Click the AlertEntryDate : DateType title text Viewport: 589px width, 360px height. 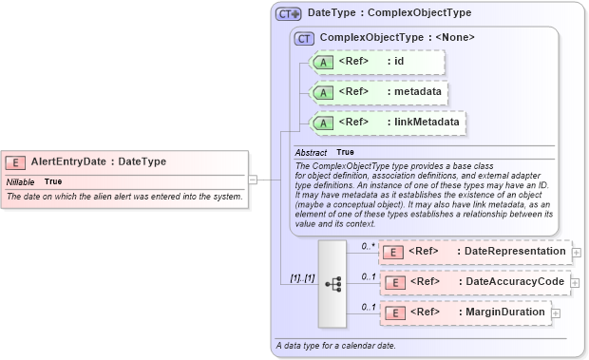[x=99, y=162]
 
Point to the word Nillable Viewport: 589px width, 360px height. [x=21, y=180]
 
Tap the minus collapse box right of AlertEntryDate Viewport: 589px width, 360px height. [x=253, y=178]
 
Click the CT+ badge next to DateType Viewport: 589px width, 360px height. [x=288, y=14]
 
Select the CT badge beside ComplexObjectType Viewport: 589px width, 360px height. [x=304, y=38]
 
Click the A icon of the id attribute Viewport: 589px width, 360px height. [x=322, y=62]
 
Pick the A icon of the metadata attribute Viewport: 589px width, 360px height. [x=322, y=92]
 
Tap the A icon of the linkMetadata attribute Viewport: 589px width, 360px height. [x=322, y=123]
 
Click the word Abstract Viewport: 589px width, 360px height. [x=311, y=152]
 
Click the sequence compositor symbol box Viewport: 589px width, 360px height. [x=332, y=283]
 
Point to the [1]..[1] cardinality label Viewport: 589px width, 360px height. [x=303, y=278]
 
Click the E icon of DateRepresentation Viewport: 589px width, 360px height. [x=393, y=252]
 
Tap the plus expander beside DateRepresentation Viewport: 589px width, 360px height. [x=576, y=252]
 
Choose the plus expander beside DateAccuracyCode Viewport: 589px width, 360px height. [x=576, y=282]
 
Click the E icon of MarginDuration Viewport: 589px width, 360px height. [x=393, y=313]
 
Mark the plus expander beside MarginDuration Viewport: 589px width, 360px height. [x=555, y=313]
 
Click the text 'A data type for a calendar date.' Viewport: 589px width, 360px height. [x=335, y=345]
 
